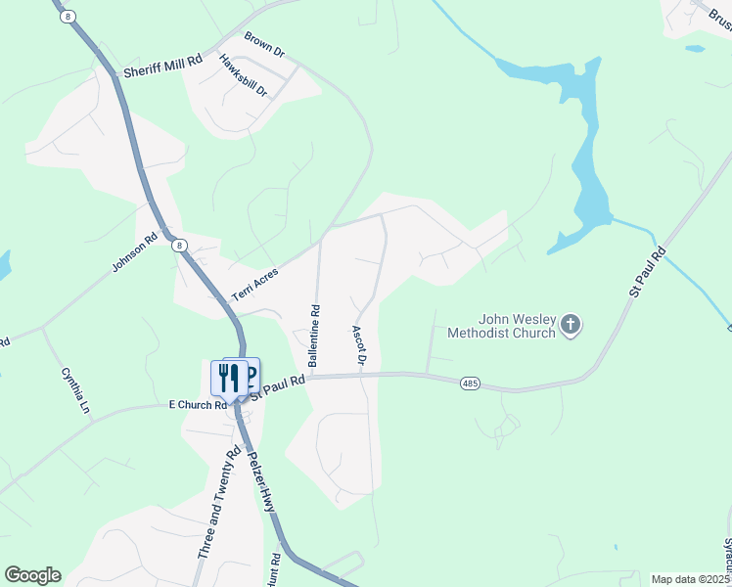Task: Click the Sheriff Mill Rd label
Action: point(162,66)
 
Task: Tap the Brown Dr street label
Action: point(264,44)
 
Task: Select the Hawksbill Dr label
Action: point(244,75)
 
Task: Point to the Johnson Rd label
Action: point(134,253)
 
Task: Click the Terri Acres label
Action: point(254,286)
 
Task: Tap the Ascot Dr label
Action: point(358,346)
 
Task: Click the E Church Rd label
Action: point(198,404)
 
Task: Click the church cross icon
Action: point(572,325)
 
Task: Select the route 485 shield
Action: point(470,383)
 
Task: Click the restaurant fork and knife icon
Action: point(228,377)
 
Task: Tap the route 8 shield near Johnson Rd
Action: point(179,247)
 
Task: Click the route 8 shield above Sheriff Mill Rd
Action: point(67,17)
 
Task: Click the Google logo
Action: point(32,575)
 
